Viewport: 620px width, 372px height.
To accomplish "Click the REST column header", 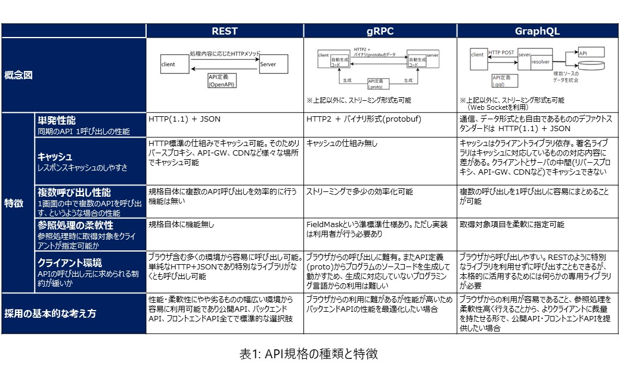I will (225, 31).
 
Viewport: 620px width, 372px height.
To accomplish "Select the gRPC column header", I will (380, 31).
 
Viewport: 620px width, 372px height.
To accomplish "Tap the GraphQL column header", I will (537, 31).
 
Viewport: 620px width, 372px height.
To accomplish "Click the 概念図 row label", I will (18, 75).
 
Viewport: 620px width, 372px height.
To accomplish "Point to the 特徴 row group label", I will (14, 203).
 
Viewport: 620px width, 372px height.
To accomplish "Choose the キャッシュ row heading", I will (55, 157).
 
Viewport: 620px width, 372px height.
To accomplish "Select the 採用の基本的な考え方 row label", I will (50, 314).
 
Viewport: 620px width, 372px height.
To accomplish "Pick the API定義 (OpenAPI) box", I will (222, 81).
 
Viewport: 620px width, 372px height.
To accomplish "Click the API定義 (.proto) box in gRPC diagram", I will (376, 83).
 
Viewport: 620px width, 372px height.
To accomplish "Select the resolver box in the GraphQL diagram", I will (541, 61).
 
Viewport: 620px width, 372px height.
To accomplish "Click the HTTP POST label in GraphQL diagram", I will (501, 52).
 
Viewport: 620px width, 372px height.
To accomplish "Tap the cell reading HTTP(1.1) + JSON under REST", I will (185, 119).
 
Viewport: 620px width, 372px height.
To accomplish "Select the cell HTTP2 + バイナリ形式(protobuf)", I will (364, 119).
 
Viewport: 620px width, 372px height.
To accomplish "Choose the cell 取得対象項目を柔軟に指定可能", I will (511, 225).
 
